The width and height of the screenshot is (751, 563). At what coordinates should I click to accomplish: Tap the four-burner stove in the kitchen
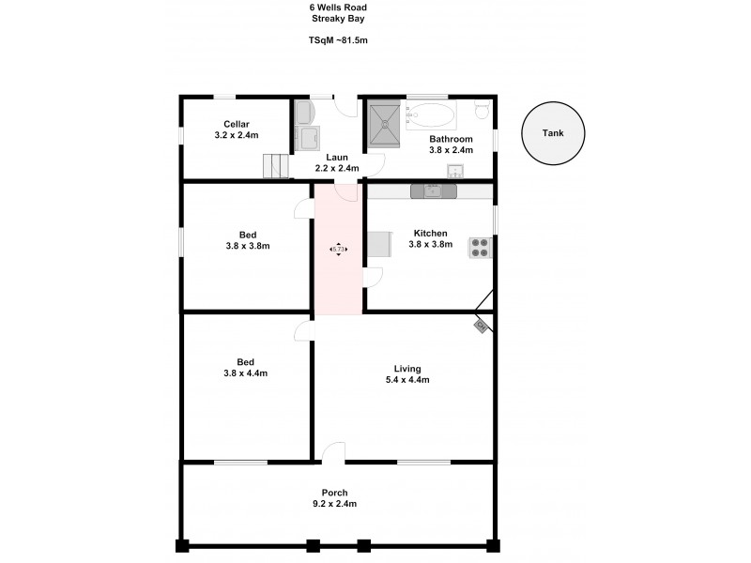pyautogui.click(x=480, y=247)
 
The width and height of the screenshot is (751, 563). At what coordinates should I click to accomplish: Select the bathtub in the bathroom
pyautogui.click(x=430, y=117)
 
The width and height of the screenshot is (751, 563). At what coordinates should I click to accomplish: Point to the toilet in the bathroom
pyautogui.click(x=482, y=112)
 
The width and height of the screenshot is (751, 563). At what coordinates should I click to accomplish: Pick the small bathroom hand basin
pyautogui.click(x=456, y=171)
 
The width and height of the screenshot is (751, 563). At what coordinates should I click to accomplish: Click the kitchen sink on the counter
pyautogui.click(x=433, y=191)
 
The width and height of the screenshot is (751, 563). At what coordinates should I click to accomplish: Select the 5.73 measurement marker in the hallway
pyautogui.click(x=337, y=249)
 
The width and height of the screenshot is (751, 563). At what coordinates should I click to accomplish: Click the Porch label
pyautogui.click(x=334, y=493)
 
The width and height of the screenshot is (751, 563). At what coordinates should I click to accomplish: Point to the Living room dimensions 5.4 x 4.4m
pyautogui.click(x=407, y=380)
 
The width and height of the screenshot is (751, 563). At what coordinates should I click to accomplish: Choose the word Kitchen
pyautogui.click(x=431, y=233)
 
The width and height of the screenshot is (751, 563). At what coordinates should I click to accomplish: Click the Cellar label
pyautogui.click(x=236, y=124)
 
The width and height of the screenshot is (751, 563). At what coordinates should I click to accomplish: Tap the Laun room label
pyautogui.click(x=338, y=157)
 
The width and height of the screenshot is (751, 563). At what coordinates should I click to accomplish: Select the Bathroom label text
pyautogui.click(x=451, y=138)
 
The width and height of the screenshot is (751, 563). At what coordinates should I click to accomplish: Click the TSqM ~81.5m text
pyautogui.click(x=338, y=41)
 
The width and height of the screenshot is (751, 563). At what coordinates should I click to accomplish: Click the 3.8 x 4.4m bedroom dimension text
pyautogui.click(x=246, y=373)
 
